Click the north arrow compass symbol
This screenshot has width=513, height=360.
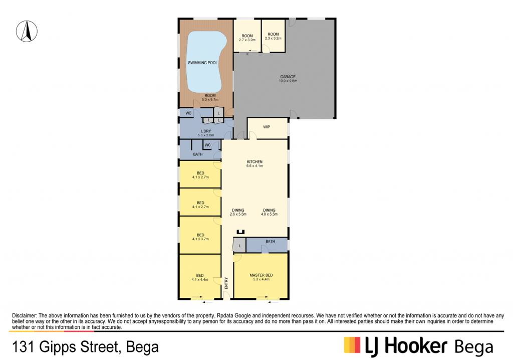pos(27,31)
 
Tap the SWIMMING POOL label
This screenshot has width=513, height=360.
pos(202,63)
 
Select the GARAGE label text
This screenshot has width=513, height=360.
pos(288,77)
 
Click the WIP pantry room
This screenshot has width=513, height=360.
pos(268,128)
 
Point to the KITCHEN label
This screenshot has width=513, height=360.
pos(254,162)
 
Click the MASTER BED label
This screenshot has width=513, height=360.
pos(261,275)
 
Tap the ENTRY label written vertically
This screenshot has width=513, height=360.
pos(226,283)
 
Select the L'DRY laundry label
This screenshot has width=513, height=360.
pos(206,131)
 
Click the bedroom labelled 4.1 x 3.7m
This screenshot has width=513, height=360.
pos(200,235)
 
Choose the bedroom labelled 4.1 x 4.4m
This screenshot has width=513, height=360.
pos(200,276)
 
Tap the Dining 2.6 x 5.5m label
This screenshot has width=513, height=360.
pos(238,212)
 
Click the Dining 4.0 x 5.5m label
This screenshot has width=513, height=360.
pos(269,212)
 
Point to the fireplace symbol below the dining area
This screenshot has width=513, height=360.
pos(240,232)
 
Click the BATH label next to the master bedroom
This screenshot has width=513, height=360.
pos(270,241)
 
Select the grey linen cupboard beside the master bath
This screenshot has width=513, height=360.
pos(239,245)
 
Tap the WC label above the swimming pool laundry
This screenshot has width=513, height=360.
pos(188,113)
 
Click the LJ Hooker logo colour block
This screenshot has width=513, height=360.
pos(352,345)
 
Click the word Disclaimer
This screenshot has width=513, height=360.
pos(24,316)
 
